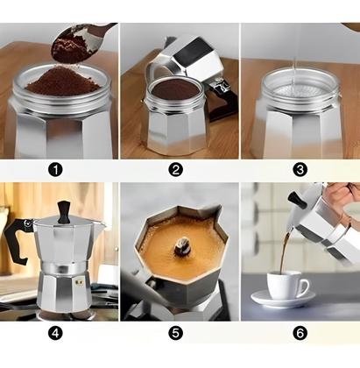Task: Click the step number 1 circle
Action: (56, 169)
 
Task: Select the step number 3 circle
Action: (300, 169)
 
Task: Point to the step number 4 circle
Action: (56, 333)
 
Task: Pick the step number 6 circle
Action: (300, 333)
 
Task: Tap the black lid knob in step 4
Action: (64, 210)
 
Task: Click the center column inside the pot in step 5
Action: (181, 248)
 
